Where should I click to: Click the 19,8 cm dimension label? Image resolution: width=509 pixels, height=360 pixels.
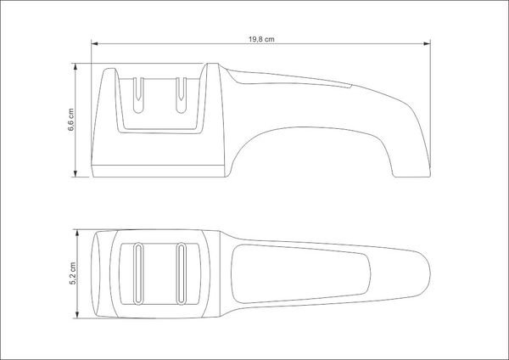261,39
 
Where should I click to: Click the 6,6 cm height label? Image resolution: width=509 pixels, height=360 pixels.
71,120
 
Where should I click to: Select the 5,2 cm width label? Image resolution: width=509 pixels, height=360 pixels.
73,273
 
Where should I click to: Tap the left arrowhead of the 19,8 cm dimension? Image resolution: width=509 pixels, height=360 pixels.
94,43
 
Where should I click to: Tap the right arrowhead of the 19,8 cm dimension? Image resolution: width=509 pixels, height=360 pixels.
428,43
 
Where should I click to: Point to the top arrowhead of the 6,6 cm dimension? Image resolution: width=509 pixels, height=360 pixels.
76,66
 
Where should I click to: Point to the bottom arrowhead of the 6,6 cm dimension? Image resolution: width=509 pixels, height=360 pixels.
76,174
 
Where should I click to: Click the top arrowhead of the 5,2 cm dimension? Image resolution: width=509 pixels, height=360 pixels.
77,233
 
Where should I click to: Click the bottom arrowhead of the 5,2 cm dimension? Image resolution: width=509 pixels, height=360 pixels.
77,314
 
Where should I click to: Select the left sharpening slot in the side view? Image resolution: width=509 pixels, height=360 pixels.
138,95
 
